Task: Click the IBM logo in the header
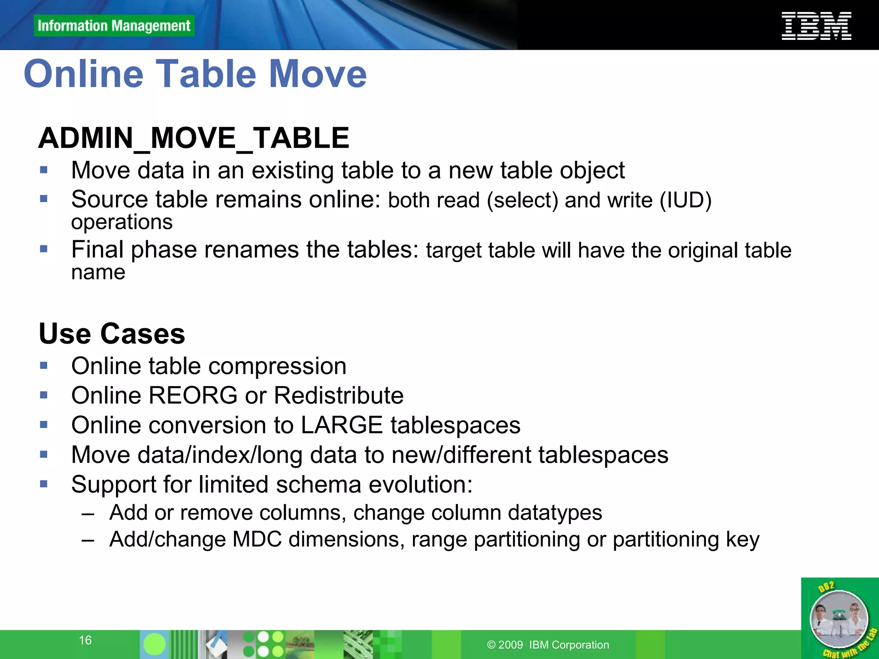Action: point(816,26)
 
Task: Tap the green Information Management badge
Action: point(114,26)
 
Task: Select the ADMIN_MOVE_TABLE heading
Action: point(194,138)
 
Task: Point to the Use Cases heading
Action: point(112,334)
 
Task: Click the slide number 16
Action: point(85,640)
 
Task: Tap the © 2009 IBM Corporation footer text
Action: point(548,645)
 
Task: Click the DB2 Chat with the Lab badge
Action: point(839,618)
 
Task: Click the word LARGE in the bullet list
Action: point(342,425)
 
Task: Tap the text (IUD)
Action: point(685,200)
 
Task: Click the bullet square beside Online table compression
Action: point(44,366)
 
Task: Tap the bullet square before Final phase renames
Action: point(44,249)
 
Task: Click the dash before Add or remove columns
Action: point(88,513)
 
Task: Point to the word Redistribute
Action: point(339,395)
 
